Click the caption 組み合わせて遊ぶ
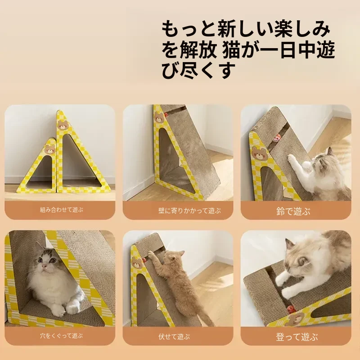(x=61, y=210)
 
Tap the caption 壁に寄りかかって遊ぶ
(x=189, y=211)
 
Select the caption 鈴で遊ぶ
(x=293, y=211)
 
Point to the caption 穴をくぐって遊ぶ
(x=61, y=336)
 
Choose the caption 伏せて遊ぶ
(x=174, y=337)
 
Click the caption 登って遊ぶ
(x=297, y=337)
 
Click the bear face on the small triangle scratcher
(x=50, y=149)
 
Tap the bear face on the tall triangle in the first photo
(x=63, y=125)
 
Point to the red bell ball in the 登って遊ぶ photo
(x=291, y=310)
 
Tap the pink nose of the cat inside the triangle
(x=44, y=266)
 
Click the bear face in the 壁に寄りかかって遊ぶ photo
(x=159, y=117)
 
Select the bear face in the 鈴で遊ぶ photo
(x=260, y=153)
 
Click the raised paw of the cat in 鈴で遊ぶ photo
(x=292, y=158)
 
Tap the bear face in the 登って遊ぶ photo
(x=294, y=319)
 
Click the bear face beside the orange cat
(x=137, y=263)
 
